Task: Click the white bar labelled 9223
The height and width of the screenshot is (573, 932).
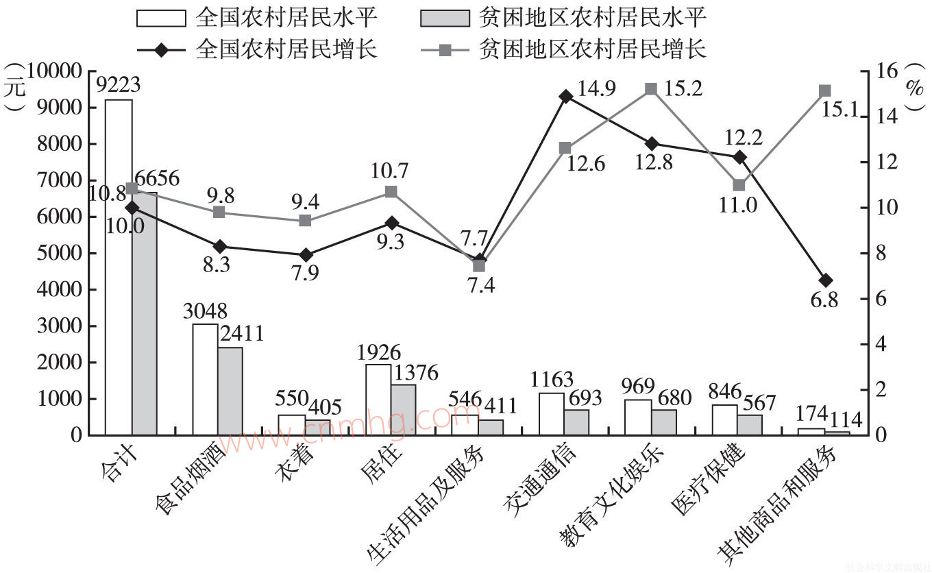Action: tap(119, 267)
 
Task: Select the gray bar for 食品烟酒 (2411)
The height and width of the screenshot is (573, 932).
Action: tap(230, 391)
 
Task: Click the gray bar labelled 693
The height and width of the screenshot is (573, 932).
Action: tap(577, 422)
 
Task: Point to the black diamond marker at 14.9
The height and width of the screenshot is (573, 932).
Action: tap(565, 96)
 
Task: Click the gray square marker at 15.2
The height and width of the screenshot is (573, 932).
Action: tap(652, 89)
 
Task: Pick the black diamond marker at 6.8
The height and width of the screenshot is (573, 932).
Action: tap(825, 280)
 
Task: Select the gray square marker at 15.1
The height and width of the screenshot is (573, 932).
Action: tap(825, 91)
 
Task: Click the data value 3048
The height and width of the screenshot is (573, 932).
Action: tap(206, 312)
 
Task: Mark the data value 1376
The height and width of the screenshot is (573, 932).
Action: tap(415, 373)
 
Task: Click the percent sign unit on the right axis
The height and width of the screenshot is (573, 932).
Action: tap(913, 87)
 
